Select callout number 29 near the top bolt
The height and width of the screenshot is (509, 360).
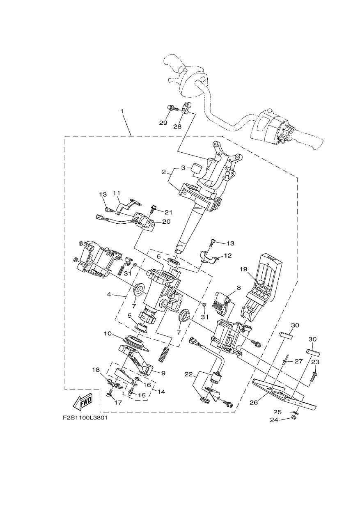(x=163, y=123)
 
